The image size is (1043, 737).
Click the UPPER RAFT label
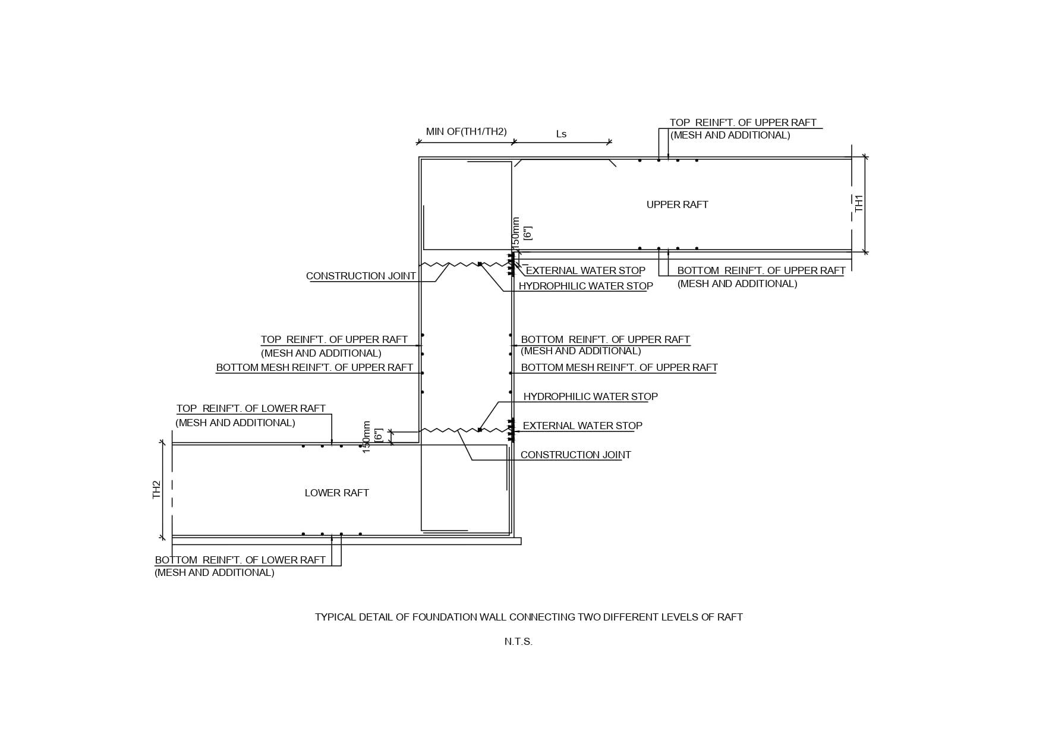[x=677, y=204]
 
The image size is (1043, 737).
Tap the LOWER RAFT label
[x=336, y=493]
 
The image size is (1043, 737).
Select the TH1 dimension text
[x=859, y=203]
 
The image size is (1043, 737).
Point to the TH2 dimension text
[x=157, y=490]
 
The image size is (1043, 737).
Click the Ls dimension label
[x=561, y=134]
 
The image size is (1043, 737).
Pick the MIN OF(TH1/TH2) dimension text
[x=466, y=131]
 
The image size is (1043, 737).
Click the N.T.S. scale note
[x=518, y=641]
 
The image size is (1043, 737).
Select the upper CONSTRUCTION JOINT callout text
[x=361, y=276]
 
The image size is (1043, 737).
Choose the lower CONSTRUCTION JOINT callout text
[x=575, y=455]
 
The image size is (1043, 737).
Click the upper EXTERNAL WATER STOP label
[x=585, y=270]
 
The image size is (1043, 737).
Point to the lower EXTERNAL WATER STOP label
[x=582, y=426]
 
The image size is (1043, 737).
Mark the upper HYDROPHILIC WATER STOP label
[x=585, y=286]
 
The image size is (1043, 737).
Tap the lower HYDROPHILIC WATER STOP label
[x=590, y=396]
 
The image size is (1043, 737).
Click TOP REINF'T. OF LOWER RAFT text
[x=251, y=408]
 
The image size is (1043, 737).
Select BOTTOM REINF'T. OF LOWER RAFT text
[x=240, y=560]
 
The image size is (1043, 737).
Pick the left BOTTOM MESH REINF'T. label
[x=314, y=367]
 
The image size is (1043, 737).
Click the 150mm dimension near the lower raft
[x=367, y=437]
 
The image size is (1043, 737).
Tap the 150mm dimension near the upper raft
[x=516, y=232]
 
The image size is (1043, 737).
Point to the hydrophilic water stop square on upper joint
[x=480, y=264]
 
